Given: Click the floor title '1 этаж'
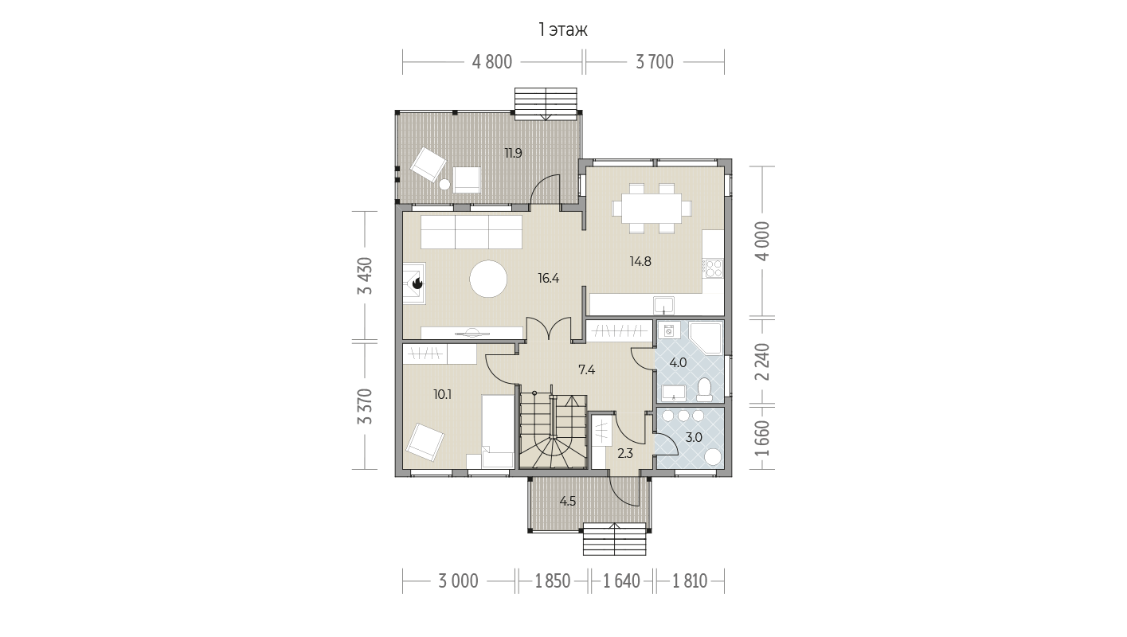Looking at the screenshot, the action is pyautogui.click(x=563, y=30).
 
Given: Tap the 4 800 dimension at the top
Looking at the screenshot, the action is pyautogui.click(x=492, y=62).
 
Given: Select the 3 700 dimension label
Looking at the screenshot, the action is pyautogui.click(x=655, y=62).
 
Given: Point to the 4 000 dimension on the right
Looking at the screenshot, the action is pyautogui.click(x=763, y=241).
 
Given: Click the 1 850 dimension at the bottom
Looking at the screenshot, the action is pyautogui.click(x=553, y=581).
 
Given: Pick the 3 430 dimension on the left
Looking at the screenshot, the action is pyautogui.click(x=366, y=276).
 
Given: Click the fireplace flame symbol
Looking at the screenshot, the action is pyautogui.click(x=417, y=284).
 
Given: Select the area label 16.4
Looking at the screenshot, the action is pyautogui.click(x=549, y=278).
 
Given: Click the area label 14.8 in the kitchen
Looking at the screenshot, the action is pyautogui.click(x=640, y=261).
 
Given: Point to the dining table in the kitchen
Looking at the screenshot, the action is pyautogui.click(x=652, y=209).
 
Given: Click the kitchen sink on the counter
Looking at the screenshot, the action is pyautogui.click(x=663, y=305).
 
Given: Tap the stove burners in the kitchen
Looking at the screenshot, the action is pyautogui.click(x=714, y=268).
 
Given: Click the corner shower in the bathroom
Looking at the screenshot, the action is pyautogui.click(x=706, y=338).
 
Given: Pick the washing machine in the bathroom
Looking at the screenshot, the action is pyautogui.click(x=670, y=330).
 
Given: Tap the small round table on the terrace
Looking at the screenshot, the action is pyautogui.click(x=444, y=185).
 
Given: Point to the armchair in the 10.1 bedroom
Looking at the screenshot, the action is pyautogui.click(x=425, y=442).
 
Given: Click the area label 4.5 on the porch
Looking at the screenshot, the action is pyautogui.click(x=568, y=501).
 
